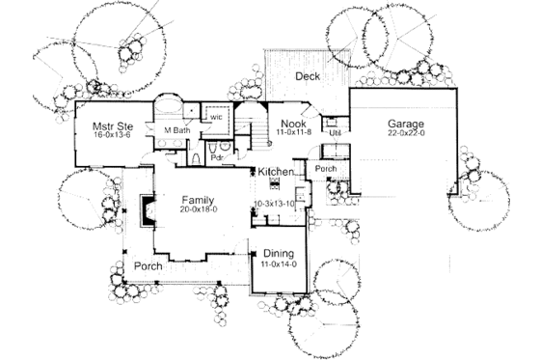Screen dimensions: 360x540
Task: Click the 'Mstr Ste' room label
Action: (x=112, y=125)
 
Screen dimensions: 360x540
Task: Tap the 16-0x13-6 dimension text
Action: (x=113, y=137)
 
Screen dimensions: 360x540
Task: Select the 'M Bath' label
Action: (x=175, y=129)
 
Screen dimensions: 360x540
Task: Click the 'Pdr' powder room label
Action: (x=218, y=156)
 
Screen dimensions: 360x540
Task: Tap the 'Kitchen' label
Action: (x=275, y=171)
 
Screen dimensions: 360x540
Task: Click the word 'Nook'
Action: (x=293, y=125)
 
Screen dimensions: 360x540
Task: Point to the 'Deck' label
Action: (x=308, y=76)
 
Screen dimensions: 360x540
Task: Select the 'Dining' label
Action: (x=278, y=253)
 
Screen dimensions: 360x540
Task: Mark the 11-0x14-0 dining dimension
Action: (x=278, y=263)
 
